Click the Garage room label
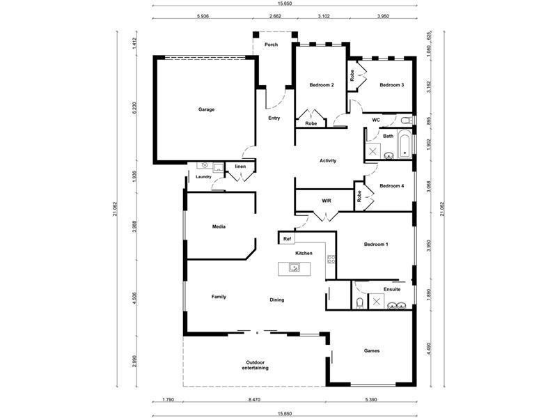click(206, 109)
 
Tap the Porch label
click(271, 45)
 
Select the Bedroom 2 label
click(322, 85)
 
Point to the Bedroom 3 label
click(392, 85)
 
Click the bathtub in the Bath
click(405, 144)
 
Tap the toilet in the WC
click(406, 121)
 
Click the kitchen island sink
click(294, 268)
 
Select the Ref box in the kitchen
click(287, 238)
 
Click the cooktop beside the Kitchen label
click(331, 259)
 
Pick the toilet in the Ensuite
click(360, 303)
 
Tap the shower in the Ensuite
click(377, 302)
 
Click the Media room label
click(219, 226)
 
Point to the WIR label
click(327, 201)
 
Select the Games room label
click(372, 351)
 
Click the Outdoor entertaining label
click(256, 365)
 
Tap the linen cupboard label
click(240, 167)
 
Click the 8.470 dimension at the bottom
click(254, 399)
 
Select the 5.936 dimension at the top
click(202, 15)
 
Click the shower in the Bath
click(373, 152)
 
